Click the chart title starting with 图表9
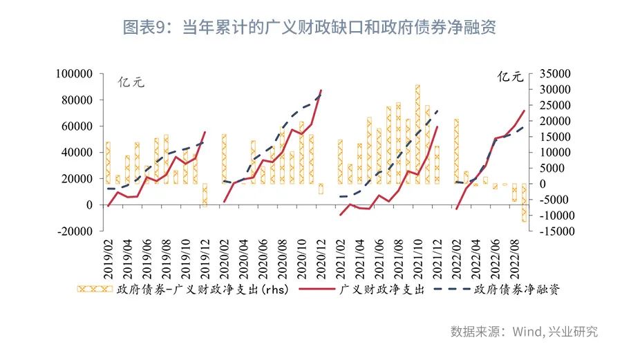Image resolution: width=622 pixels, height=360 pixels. [x=310, y=28]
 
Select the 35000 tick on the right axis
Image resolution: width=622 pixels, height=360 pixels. [x=549, y=74]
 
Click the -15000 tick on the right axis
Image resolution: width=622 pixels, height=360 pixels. [x=551, y=231]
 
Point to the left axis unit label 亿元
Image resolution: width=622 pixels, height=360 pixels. [x=131, y=82]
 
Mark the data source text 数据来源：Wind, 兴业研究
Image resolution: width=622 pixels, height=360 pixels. [x=524, y=332]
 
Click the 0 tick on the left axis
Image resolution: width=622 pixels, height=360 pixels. [x=88, y=205]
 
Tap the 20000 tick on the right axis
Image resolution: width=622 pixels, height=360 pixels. [x=549, y=121]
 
